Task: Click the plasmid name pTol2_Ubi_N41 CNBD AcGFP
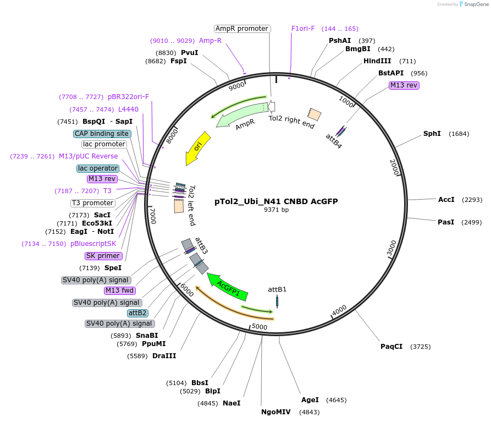coord(276,201)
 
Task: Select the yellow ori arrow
coord(198,147)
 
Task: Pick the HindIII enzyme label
coord(377,61)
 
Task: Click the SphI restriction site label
coord(432,134)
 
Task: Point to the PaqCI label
coord(391,346)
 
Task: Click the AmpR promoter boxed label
coord(242,29)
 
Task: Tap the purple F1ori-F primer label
coord(303,29)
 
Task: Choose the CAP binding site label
coord(102,134)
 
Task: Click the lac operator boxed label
coord(98,168)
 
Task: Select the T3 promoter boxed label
coord(93,203)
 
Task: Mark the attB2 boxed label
coord(137,313)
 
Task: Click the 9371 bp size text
coord(276,210)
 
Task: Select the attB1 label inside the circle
coord(277,289)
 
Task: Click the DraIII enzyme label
coord(164,356)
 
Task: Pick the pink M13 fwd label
coord(120,291)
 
